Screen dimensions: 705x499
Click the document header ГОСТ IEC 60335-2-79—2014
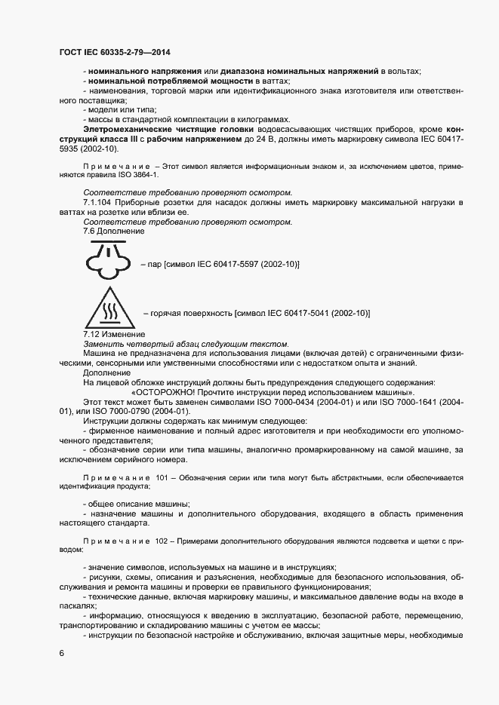click(x=114, y=52)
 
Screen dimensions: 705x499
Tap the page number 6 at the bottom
click(x=62, y=653)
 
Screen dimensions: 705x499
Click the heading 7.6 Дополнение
click(x=113, y=231)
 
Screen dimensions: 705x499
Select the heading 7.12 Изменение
click(x=114, y=334)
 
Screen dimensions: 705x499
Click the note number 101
click(x=163, y=478)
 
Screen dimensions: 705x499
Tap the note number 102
click(x=163, y=541)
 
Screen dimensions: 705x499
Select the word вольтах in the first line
click(x=405, y=71)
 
